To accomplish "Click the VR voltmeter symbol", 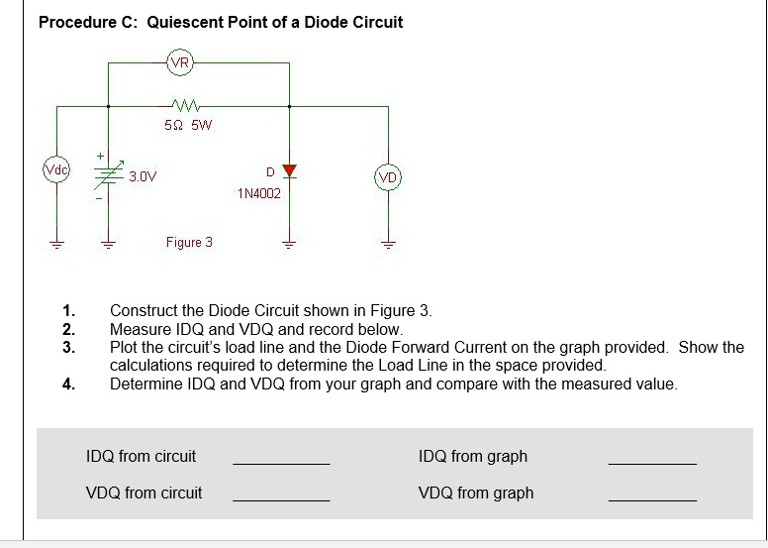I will point(180,62).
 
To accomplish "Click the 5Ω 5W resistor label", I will point(188,126).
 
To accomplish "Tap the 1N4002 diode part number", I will point(259,194).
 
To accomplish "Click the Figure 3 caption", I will point(189,243).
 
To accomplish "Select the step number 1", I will point(67,310).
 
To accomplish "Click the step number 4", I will point(67,384).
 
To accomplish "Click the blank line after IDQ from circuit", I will point(281,464).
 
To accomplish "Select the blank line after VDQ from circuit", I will point(281,500).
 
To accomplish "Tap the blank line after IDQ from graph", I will point(651,464).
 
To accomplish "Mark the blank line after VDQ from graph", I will point(651,500).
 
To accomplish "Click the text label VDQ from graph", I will point(476,493).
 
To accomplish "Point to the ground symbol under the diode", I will point(289,247).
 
